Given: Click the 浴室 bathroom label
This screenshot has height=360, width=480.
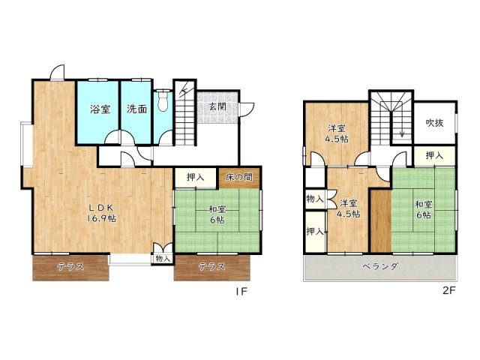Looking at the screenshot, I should click(x=100, y=109).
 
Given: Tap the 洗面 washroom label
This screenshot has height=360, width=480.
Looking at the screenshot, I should click(x=136, y=109).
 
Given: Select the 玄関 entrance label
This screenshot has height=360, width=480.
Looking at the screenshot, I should click(x=217, y=109).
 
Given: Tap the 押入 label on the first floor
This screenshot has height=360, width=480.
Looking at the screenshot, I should click(x=196, y=178).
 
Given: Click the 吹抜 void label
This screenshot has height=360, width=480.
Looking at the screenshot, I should click(x=436, y=122).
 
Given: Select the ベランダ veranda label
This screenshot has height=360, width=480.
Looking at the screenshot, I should click(x=379, y=268).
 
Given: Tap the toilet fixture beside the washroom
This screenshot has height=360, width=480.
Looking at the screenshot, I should click(x=163, y=103).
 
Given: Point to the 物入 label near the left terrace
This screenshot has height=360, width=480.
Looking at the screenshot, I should click(x=162, y=259).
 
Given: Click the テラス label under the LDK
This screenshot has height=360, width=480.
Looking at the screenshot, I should click(x=70, y=266).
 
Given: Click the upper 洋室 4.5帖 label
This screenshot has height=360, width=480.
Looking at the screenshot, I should click(x=337, y=133).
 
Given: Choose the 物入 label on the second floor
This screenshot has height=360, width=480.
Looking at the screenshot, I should click(x=314, y=199).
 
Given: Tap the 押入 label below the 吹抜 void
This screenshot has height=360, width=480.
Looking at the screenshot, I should click(x=433, y=156).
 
